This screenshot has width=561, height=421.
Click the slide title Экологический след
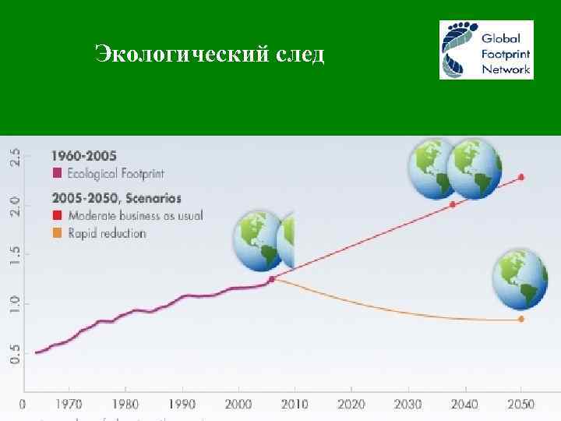point(209,55)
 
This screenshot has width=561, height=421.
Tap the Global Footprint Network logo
point(486,49)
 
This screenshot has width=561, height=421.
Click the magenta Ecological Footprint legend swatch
point(56,172)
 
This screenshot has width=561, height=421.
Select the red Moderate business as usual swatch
point(56,215)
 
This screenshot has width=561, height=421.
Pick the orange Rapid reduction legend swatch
point(56,233)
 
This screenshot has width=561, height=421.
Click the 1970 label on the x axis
point(69,405)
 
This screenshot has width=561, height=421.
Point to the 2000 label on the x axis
point(238,405)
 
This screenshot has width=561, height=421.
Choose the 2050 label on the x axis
point(520,405)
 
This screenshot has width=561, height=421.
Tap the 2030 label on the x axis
point(408,405)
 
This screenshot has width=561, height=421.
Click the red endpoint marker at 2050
point(521,177)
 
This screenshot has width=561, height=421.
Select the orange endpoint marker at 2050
point(521,319)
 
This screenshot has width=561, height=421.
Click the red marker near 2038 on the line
point(453,204)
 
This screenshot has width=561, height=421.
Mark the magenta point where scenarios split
point(271,278)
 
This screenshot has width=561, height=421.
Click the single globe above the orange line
point(520,278)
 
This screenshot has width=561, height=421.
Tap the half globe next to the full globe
point(287,241)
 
